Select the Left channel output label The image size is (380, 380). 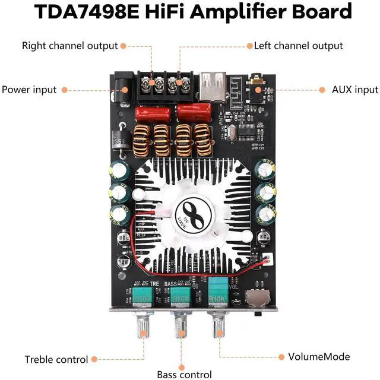tap(298, 45)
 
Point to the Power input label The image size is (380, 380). tap(29, 90)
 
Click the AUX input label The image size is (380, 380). tap(355, 90)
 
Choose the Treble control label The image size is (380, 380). tap(56, 359)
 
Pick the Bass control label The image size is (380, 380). tap(184, 375)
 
